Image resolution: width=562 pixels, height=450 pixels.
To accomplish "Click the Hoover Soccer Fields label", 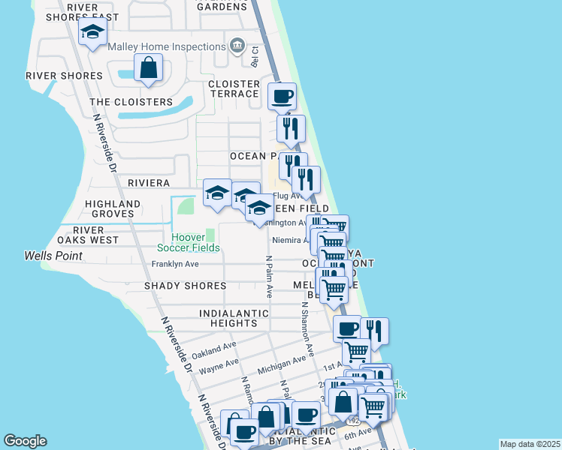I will click(x=189, y=241).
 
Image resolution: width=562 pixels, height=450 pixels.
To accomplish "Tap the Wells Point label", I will click(x=53, y=256).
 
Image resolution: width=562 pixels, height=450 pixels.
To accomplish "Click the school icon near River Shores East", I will click(x=92, y=32).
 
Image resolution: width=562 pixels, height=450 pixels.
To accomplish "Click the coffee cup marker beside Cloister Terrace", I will click(x=282, y=96).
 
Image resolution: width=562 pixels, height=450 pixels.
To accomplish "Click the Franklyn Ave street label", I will click(x=175, y=264).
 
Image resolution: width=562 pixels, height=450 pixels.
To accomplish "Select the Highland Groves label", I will click(x=113, y=208).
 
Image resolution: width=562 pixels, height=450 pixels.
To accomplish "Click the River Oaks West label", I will click(x=88, y=235).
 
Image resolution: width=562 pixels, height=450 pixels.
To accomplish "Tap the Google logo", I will click(x=26, y=441).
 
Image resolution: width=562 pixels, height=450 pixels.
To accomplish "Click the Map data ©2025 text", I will click(x=529, y=444).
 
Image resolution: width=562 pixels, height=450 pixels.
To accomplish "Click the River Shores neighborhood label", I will click(x=64, y=76).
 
